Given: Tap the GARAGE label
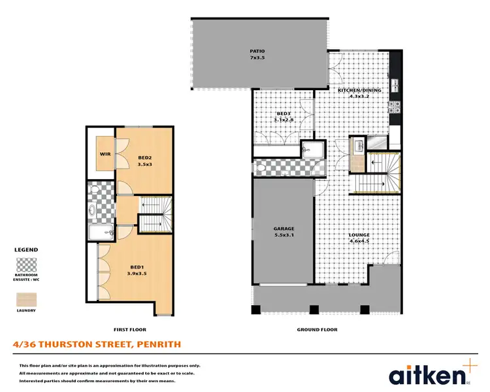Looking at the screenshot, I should pyautogui.click(x=284, y=229).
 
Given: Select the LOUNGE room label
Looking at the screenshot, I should pyautogui.click(x=359, y=234).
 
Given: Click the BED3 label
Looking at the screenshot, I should pyautogui.click(x=283, y=113).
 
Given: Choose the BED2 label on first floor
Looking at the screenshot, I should pyautogui.click(x=144, y=157).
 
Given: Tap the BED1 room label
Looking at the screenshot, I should pyautogui.click(x=137, y=267).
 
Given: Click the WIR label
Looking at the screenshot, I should pyautogui.click(x=105, y=154).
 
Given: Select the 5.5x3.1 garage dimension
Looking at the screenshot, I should pyautogui.click(x=284, y=236).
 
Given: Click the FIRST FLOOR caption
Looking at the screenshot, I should pyautogui.click(x=130, y=330).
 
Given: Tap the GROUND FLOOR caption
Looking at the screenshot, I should pyautogui.click(x=317, y=330).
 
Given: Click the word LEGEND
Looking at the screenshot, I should pyautogui.click(x=26, y=250).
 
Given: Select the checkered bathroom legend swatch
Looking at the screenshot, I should pyautogui.click(x=26, y=265).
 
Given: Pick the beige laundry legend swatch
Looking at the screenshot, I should pyautogui.click(x=26, y=299).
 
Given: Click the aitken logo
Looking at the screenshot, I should pyautogui.click(x=429, y=375).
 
